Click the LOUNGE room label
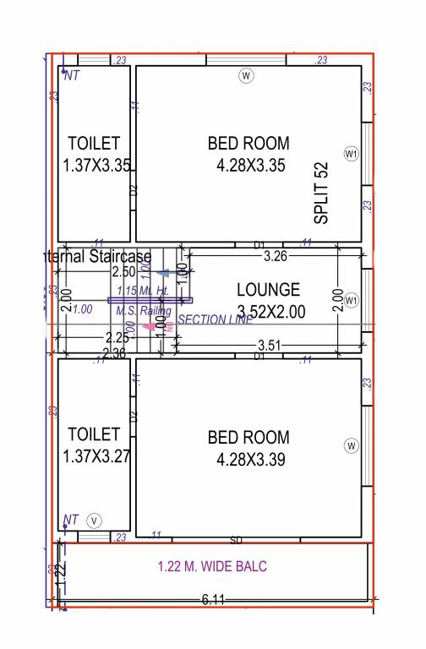(x=268, y=290)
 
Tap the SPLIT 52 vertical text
(x=321, y=193)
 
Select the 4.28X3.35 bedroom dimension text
(x=248, y=166)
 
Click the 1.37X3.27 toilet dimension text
(x=94, y=456)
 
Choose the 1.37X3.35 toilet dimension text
(x=96, y=166)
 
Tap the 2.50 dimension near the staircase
(x=123, y=271)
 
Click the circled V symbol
(x=94, y=521)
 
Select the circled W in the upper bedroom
(x=246, y=76)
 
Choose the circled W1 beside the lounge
(x=352, y=300)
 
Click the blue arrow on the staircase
(x=162, y=272)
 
